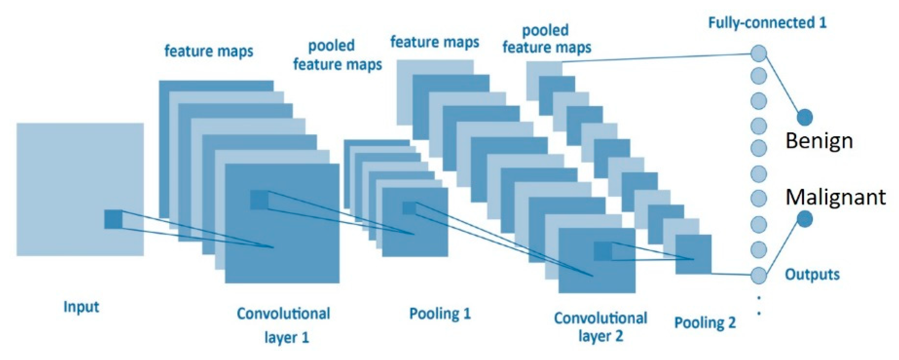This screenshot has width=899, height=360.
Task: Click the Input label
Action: (81, 307)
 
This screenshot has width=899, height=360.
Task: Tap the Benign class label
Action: (819, 141)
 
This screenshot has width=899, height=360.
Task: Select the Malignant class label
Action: (835, 197)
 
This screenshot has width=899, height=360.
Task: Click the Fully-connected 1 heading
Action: (767, 23)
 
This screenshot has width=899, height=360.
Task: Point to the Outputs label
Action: (812, 275)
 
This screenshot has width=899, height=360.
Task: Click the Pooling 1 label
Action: (440, 314)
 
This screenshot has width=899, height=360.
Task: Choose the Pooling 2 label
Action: (705, 322)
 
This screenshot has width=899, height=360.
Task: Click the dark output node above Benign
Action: (804, 117)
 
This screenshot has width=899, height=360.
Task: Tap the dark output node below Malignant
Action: (804, 219)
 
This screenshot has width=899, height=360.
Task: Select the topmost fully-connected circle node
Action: (759, 54)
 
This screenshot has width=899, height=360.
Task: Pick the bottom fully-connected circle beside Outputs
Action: (759, 275)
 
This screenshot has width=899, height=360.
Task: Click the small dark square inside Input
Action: (113, 219)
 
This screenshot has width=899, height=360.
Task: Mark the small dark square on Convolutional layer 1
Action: (259, 200)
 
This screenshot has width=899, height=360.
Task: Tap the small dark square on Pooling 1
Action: (409, 208)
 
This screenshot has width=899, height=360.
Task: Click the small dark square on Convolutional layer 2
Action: (603, 251)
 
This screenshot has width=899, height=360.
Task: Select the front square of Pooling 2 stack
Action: (693, 254)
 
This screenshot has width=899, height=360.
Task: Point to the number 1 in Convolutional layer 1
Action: (305, 338)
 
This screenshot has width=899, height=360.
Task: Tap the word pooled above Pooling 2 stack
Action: (545, 30)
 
